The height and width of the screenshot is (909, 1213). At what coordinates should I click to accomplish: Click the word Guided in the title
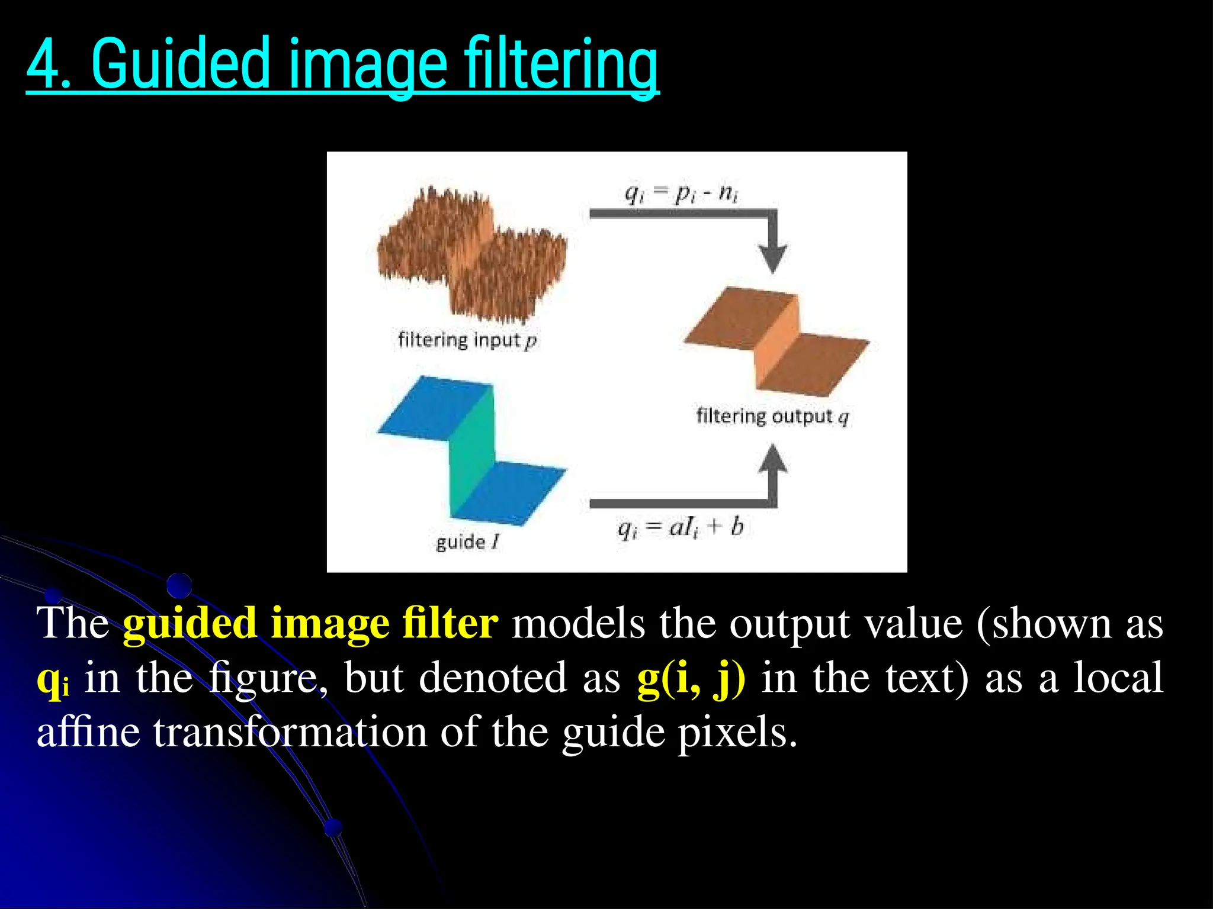coord(181,64)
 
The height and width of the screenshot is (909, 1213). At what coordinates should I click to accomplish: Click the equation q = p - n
coord(681,193)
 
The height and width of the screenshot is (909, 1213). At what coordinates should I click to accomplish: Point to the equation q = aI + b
coord(680,527)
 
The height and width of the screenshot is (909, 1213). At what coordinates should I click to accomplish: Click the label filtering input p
coord(467,340)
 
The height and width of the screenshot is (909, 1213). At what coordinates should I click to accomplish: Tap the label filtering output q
coord(772,416)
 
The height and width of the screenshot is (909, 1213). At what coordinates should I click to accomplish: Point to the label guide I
coord(467,541)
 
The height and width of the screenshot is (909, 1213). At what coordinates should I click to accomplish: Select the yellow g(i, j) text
coord(691,678)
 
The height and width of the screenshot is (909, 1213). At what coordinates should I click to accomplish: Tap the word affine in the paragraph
coord(88,733)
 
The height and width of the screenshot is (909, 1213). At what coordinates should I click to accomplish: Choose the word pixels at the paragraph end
coord(737,733)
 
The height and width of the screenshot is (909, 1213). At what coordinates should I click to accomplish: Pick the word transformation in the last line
coord(290,733)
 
